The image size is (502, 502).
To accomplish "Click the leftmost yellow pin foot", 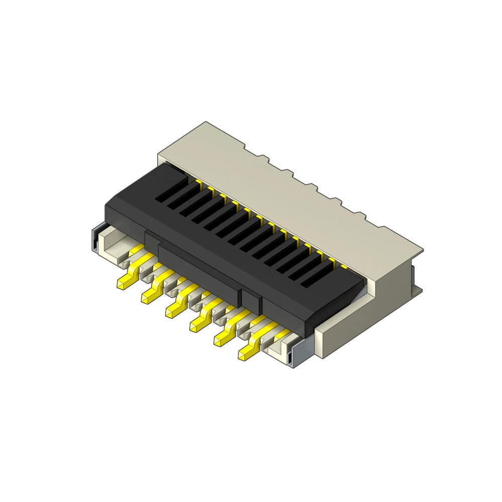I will pos(124,282).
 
